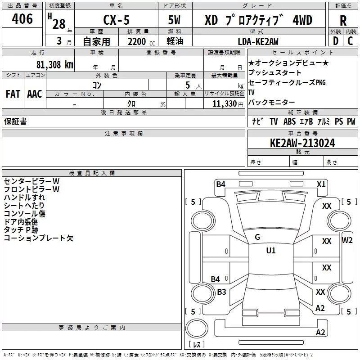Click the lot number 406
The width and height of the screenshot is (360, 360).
pos(22,19)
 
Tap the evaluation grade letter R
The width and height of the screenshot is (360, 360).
pos(343,21)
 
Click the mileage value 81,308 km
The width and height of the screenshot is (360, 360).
pos(54,64)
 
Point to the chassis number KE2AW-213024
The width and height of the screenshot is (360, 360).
pos(302,143)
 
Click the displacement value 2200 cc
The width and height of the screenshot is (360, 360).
pos(139,41)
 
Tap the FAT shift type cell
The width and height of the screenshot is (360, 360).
pos(13,94)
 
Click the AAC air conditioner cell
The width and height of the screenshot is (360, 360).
pos(35,94)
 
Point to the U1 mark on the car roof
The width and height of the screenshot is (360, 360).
pos(270,251)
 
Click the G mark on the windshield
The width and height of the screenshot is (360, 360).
pos(257,237)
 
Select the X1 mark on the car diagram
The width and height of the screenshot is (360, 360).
pos(321,184)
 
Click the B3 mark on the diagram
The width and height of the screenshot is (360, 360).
pos(221,292)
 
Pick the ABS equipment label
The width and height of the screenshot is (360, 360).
pos(289,121)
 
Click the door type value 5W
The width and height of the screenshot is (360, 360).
pos(175,21)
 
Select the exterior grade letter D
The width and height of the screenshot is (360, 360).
pos(335,41)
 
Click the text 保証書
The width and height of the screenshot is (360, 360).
pos(15,121)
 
